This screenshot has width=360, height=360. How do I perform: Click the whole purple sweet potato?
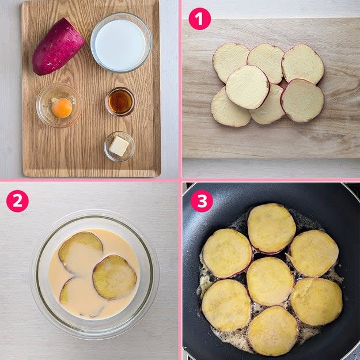pyautogui.click(x=58, y=47)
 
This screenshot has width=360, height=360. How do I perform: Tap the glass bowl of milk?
pyautogui.click(x=121, y=42)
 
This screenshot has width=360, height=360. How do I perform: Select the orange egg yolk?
pyautogui.click(x=62, y=108)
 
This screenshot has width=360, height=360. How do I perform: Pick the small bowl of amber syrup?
pyautogui.click(x=120, y=101)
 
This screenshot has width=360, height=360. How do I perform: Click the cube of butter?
pyautogui.click(x=119, y=146)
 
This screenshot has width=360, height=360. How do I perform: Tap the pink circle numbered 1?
pyautogui.click(x=200, y=19)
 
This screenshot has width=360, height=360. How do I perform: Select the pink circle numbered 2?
pyautogui.click(x=17, y=201)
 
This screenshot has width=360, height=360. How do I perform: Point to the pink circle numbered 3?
pyautogui.click(x=202, y=201)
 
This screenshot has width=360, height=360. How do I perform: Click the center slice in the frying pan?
pyautogui.click(x=270, y=282)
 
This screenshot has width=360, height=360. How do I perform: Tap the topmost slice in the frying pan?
pyautogui.click(x=272, y=228)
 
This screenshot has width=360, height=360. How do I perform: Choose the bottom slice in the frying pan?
pyautogui.click(x=273, y=331)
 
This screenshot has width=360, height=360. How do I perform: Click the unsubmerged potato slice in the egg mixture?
pyautogui.click(x=115, y=278)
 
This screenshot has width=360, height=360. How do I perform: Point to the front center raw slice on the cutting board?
pyautogui.click(x=248, y=87)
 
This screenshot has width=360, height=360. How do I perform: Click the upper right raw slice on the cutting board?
pyautogui.click(x=303, y=64)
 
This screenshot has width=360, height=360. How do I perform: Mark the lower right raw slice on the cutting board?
pyautogui.click(x=302, y=100)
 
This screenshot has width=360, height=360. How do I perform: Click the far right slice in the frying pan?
pyautogui.click(x=317, y=302)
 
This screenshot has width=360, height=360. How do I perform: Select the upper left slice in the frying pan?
pyautogui.click(x=227, y=253)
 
